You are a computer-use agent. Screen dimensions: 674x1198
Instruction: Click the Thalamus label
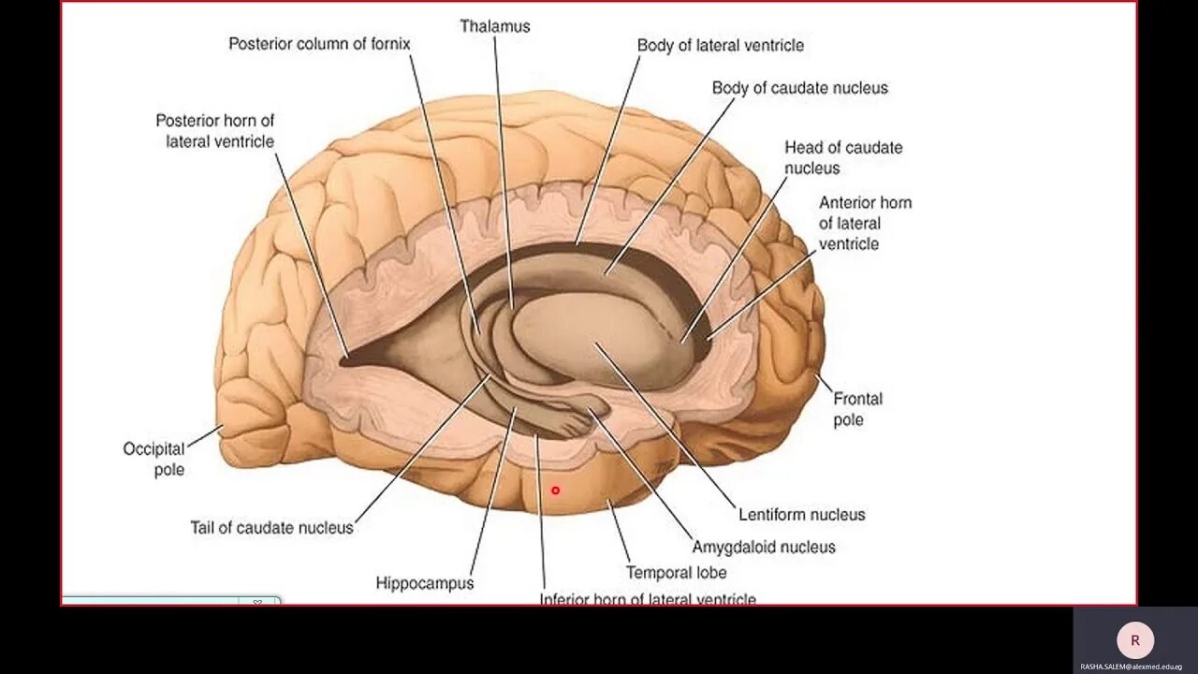pyautogui.click(x=494, y=26)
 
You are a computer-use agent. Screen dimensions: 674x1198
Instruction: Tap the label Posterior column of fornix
pyautogui.click(x=319, y=44)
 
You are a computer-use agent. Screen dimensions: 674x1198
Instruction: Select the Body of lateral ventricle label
pyautogui.click(x=720, y=45)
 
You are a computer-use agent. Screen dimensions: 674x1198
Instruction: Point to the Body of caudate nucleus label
pyautogui.click(x=799, y=88)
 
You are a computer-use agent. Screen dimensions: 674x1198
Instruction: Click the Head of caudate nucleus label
pyautogui.click(x=842, y=157)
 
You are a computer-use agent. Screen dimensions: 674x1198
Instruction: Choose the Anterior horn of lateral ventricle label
pyautogui.click(x=864, y=223)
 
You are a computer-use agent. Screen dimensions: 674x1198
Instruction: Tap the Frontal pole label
pyautogui.click(x=856, y=409)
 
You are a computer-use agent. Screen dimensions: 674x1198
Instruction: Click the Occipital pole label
pyautogui.click(x=154, y=459)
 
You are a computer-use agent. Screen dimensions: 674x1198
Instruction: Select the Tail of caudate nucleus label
pyautogui.click(x=271, y=527)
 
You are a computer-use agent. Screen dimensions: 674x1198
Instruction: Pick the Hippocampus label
pyautogui.click(x=425, y=583)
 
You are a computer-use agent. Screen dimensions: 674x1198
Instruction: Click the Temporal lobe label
pyautogui.click(x=676, y=572)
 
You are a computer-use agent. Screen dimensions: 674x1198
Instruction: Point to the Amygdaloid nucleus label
pyautogui.click(x=763, y=547)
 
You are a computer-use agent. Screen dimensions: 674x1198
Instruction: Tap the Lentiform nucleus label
pyautogui.click(x=801, y=514)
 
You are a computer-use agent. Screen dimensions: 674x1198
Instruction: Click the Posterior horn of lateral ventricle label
pyautogui.click(x=214, y=131)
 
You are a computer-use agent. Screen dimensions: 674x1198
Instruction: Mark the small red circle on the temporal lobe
pyautogui.click(x=555, y=490)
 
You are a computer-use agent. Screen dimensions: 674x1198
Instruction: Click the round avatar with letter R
pyautogui.click(x=1135, y=641)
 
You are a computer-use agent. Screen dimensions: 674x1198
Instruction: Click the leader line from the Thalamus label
pyautogui.click(x=503, y=168)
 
